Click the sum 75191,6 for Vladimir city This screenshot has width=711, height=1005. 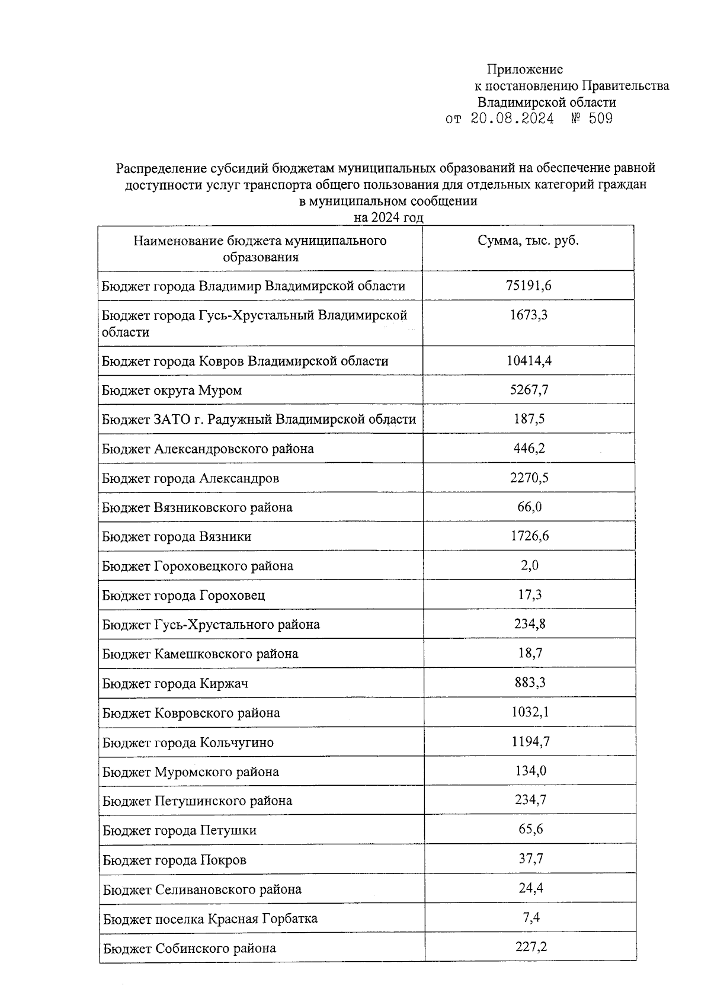(x=529, y=286)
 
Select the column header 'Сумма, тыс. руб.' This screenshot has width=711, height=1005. (x=528, y=241)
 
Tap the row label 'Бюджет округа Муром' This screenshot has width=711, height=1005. (x=172, y=391)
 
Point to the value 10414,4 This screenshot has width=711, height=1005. (x=529, y=360)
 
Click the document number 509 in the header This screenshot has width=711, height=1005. (x=601, y=119)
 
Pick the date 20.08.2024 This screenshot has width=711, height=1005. (x=512, y=119)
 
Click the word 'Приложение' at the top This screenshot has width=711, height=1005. (x=524, y=70)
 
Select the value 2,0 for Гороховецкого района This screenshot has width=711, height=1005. (x=530, y=565)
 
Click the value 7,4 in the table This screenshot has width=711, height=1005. (x=531, y=918)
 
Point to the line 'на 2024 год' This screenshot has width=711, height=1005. (x=388, y=217)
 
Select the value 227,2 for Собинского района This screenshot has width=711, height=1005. (x=531, y=947)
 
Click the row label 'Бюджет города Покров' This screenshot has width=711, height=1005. (x=174, y=860)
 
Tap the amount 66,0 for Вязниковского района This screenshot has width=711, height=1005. (x=529, y=507)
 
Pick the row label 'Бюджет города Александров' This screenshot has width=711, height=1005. (x=190, y=478)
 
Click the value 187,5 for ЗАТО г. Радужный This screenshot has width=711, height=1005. (x=529, y=419)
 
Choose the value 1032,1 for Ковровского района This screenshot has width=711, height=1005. (x=530, y=712)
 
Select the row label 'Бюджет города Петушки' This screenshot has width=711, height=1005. (x=180, y=830)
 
